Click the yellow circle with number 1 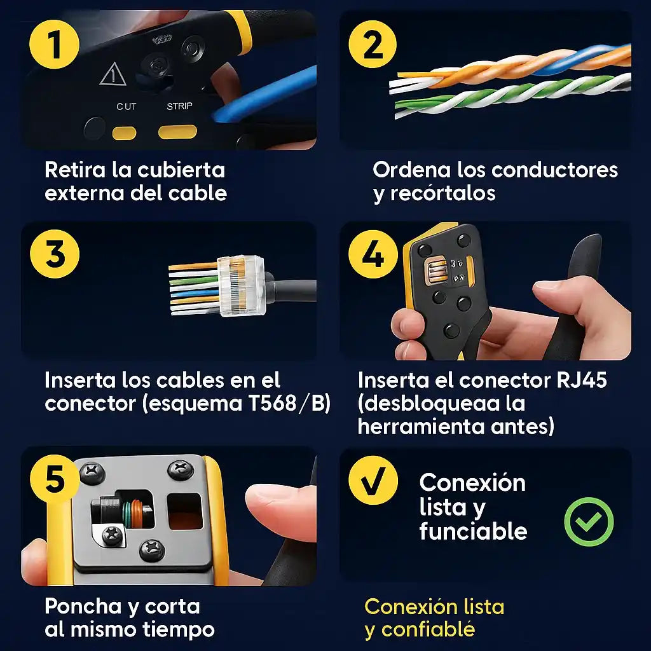pos(55,44)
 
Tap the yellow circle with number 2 pos(373,44)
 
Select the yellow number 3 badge pos(55,254)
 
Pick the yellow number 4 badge pos(373,254)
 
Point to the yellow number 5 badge pos(55,479)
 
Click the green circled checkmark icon pos(589,521)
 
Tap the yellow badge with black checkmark pos(373,481)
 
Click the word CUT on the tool pos(127,107)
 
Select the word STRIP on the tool pos(179,106)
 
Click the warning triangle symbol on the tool pos(113,75)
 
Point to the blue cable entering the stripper pos(266,95)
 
